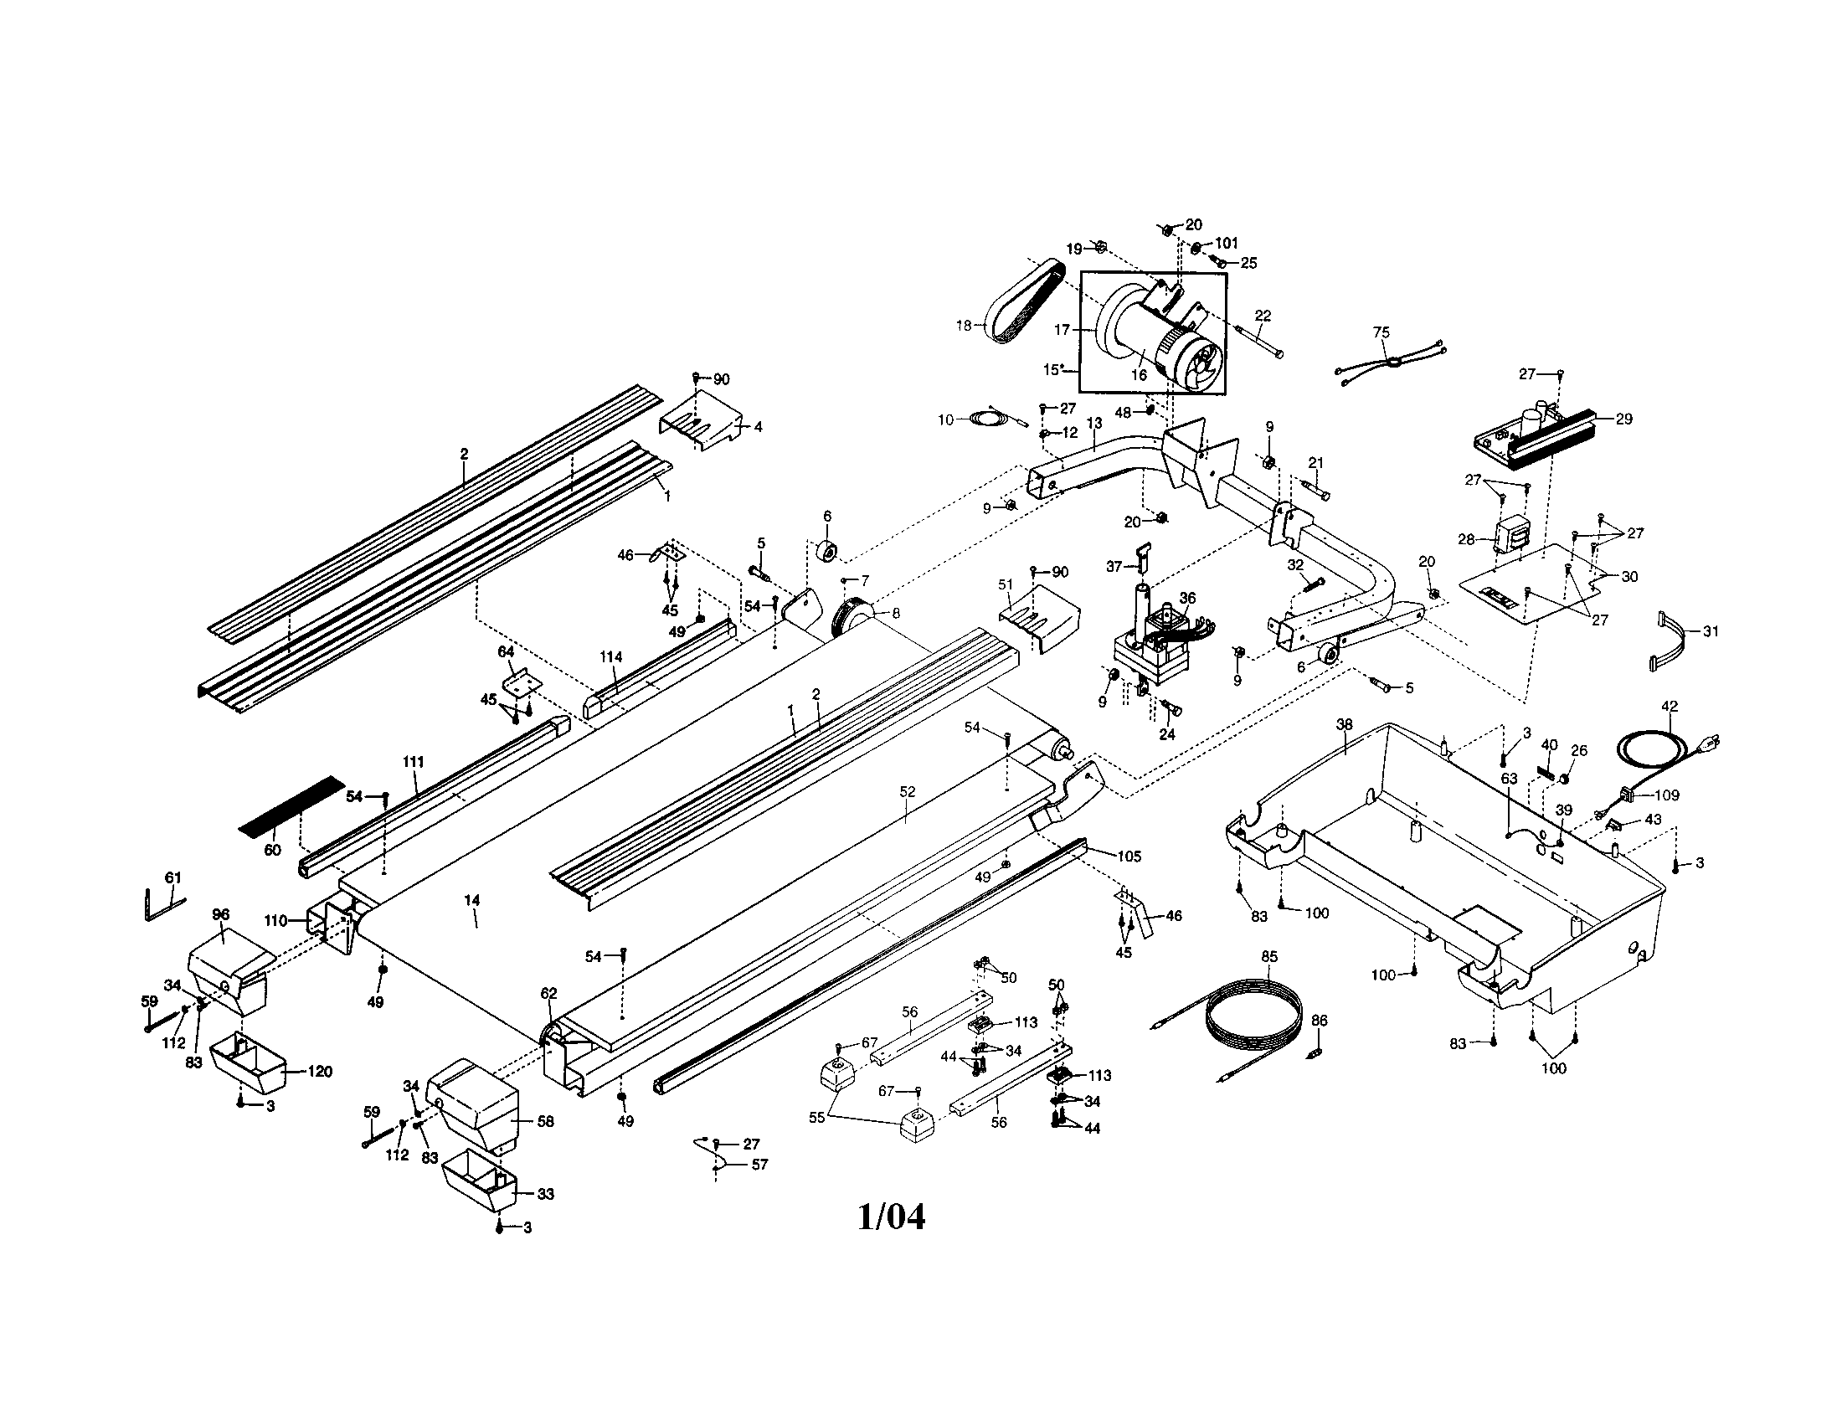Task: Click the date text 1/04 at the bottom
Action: coord(891,1217)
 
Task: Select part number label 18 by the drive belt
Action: coord(964,326)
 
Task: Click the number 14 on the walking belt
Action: coord(471,901)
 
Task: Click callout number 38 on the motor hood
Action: coord(1345,724)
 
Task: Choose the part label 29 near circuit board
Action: coord(1623,419)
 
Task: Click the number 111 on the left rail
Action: coord(413,761)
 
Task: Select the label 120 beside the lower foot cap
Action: coord(320,1072)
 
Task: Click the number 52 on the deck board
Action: coord(907,793)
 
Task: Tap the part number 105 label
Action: coord(1129,857)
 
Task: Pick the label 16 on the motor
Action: coord(1139,375)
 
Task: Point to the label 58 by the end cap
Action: coord(546,1121)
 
